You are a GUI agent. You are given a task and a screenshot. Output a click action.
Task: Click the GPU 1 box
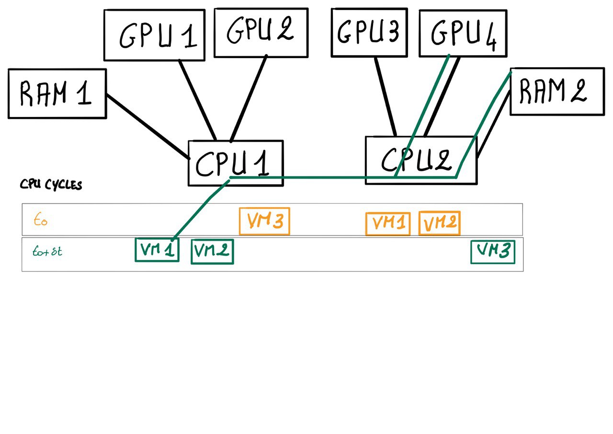click(154, 35)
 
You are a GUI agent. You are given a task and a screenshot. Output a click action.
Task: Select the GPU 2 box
click(261, 33)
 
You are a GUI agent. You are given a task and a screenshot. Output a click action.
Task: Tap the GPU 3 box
click(369, 32)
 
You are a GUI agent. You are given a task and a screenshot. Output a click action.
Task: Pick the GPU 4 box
click(463, 33)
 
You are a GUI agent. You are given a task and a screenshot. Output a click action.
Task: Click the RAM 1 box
click(57, 94)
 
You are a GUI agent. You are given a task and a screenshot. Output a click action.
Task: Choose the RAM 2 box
click(556, 91)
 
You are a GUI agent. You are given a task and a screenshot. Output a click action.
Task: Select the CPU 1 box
click(236, 163)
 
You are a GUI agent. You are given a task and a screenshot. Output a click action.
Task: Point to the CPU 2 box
click(420, 160)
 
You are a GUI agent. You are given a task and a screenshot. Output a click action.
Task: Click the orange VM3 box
click(264, 221)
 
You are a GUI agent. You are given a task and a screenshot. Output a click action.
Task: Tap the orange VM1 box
click(388, 224)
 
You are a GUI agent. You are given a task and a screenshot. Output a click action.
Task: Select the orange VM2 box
click(440, 223)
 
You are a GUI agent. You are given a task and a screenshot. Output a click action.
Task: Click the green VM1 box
click(157, 250)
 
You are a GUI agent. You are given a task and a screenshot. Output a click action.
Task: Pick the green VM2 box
click(212, 252)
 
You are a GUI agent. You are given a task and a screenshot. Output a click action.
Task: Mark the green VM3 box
click(493, 252)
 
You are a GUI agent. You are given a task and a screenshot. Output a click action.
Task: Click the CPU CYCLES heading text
click(51, 185)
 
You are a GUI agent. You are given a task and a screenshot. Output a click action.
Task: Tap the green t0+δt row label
click(47, 252)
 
